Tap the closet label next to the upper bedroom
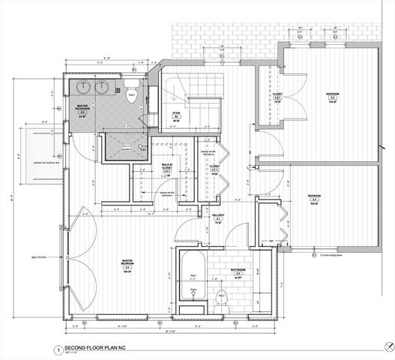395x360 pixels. pos(277,96)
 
